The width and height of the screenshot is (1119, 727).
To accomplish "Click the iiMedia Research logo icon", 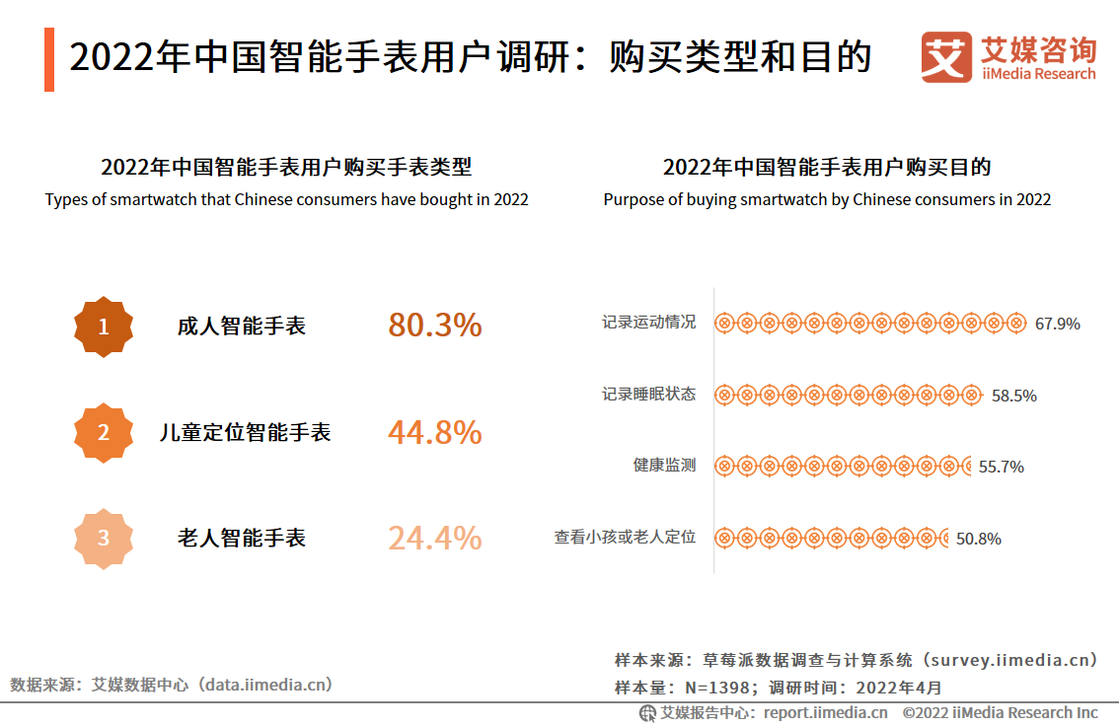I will [x=945, y=57].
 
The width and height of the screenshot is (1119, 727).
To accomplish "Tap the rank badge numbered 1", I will [x=104, y=327].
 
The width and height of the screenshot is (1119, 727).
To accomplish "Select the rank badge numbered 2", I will [x=104, y=432].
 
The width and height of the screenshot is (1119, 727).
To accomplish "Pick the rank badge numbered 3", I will [x=104, y=539].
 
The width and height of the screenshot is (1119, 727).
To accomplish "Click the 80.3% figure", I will [x=434, y=326].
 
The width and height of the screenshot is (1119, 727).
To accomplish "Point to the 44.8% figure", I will [x=434, y=432].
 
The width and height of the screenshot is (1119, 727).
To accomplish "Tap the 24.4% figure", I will [x=434, y=539].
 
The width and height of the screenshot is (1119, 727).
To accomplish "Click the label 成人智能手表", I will [x=242, y=327].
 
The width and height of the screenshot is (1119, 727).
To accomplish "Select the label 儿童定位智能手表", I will [x=245, y=432].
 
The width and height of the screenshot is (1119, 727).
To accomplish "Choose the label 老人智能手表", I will [x=242, y=539].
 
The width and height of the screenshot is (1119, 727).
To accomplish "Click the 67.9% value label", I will [x=1057, y=324].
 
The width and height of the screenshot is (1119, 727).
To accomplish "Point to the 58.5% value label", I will [x=1013, y=396].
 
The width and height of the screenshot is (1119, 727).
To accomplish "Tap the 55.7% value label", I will [x=1001, y=467].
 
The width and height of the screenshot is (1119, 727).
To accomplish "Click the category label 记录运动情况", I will [x=648, y=323].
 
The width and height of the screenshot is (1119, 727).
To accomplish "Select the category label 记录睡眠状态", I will [x=648, y=395].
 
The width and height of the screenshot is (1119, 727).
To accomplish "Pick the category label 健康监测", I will [x=664, y=466].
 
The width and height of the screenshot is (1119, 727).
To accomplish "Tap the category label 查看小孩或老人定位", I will [x=625, y=538].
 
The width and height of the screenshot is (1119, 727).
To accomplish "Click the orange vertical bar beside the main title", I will [x=49, y=59].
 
